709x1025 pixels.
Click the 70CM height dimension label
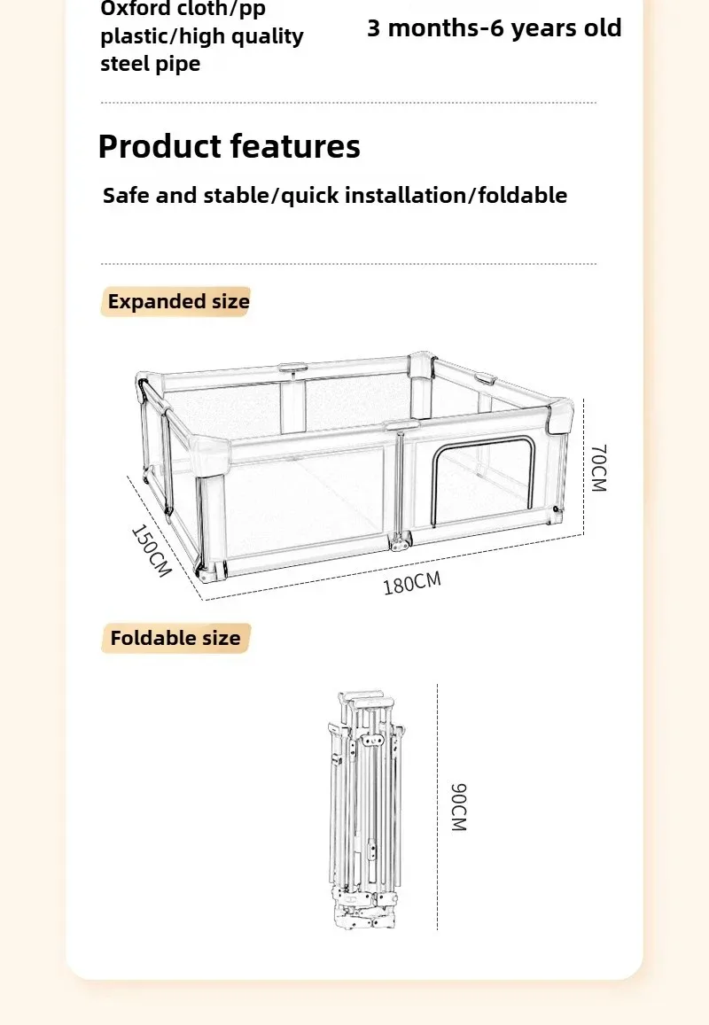[x=599, y=468]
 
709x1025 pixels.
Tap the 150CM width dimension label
[x=152, y=550]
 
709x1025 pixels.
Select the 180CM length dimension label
[x=412, y=583]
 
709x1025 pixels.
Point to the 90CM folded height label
[x=459, y=807]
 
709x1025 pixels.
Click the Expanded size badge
[x=176, y=301]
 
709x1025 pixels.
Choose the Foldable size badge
[x=176, y=638]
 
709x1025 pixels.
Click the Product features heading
[x=229, y=146]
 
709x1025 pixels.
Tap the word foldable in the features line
[x=523, y=195]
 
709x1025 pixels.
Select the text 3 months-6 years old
[x=495, y=28]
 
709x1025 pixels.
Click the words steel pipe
[x=151, y=64]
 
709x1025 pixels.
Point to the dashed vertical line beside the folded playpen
[x=437, y=807]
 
